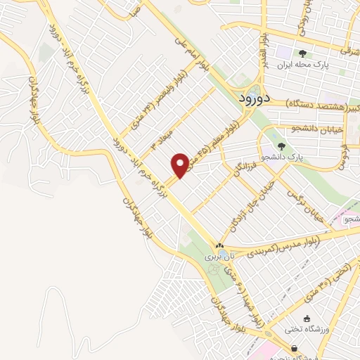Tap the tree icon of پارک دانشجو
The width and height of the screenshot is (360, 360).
coord(282,146)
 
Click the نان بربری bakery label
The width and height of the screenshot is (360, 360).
coord(218,257)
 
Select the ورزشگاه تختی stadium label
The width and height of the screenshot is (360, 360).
coord(304,328)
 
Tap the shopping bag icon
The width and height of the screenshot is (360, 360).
coord(293,348)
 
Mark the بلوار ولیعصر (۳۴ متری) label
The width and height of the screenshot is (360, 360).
coord(156,102)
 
